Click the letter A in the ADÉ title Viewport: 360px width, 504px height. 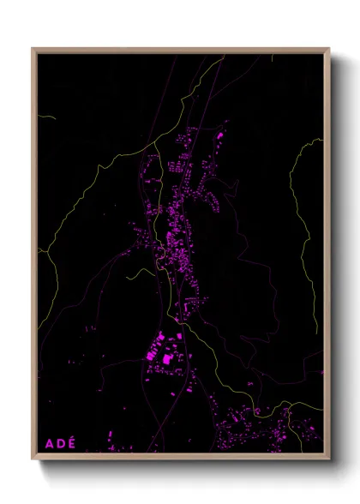48,443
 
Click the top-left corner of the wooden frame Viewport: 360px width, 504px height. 33,49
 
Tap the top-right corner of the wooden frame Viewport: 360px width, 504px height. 329,49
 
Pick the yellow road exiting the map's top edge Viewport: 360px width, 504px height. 219,60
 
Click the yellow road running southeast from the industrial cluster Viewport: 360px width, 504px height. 214,369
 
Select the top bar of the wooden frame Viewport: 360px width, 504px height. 180,50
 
